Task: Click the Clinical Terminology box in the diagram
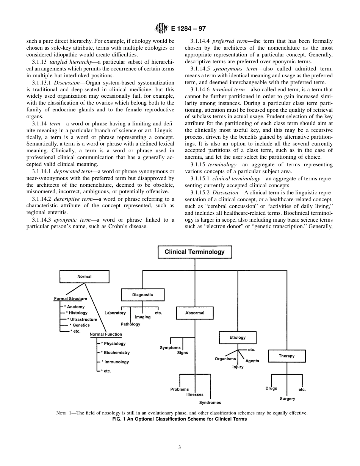point(194,252)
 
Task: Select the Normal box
point(84,277)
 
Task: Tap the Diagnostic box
point(142,295)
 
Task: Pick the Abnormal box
point(195,313)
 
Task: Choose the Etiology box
point(238,338)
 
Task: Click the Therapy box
point(286,356)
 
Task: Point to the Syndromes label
point(210,403)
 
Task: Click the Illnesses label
point(195,394)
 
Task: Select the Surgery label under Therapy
point(287,399)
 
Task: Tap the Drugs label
point(271,388)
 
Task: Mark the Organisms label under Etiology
point(225,359)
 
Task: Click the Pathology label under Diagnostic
point(130,324)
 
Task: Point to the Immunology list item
point(116,362)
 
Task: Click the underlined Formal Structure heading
point(70,299)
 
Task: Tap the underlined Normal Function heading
point(106,334)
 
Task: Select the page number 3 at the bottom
point(180,447)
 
